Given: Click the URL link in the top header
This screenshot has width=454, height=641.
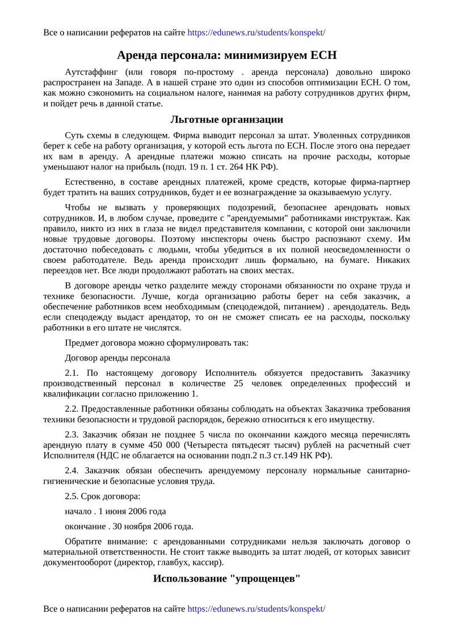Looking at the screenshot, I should click(x=256, y=33).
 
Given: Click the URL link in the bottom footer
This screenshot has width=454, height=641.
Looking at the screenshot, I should click(x=256, y=609).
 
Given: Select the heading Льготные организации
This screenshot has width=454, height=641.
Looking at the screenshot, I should click(x=226, y=120).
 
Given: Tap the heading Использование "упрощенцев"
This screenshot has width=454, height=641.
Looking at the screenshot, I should click(x=226, y=579).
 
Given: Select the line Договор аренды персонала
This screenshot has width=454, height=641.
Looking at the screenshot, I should click(x=117, y=358).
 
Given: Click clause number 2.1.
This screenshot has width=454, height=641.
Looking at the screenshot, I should click(x=74, y=373).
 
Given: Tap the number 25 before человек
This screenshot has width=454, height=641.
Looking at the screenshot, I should click(x=238, y=384).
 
